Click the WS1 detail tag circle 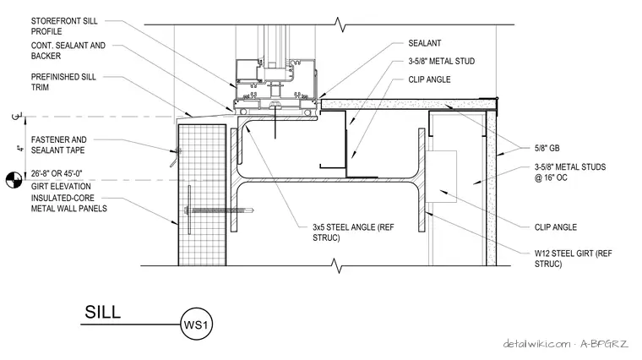196,325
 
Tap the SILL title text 103,312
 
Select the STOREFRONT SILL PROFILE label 64,26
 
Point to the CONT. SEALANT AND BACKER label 68,51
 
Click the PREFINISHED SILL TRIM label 63,82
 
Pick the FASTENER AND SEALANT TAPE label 58,145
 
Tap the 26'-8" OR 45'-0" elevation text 57,173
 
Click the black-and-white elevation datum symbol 14,180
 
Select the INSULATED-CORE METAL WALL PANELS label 68,203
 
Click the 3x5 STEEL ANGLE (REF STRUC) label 353,232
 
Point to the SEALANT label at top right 425,43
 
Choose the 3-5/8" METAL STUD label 441,61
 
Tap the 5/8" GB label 547,148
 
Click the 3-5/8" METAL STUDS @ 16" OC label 570,172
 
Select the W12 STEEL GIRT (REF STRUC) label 574,259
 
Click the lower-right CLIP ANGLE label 556,227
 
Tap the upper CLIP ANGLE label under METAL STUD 429,79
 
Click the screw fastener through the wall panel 220,210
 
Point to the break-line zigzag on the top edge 340,25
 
